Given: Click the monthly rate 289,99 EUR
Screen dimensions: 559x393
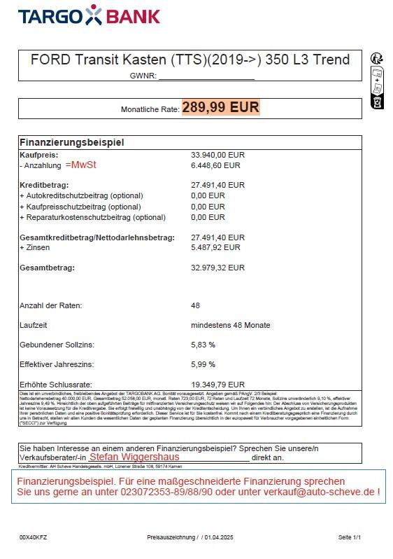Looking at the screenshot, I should pyautogui.click(x=220, y=107).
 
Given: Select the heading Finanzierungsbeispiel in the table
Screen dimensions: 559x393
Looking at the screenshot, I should pyautogui.click(x=72, y=142).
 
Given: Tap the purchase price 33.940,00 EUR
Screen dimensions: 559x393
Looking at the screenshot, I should pyautogui.click(x=217, y=155).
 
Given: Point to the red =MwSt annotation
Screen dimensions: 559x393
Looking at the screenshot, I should pyautogui.click(x=81, y=165).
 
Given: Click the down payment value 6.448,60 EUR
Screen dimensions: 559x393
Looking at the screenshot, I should pyautogui.click(x=215, y=166).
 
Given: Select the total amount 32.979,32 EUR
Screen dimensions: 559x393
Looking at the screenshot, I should pyautogui.click(x=217, y=268).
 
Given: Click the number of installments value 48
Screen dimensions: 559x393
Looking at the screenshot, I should pyautogui.click(x=196, y=305).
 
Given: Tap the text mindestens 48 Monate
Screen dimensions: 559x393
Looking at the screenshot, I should pyautogui.click(x=230, y=325).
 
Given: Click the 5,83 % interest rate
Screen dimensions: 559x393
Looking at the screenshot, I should pyautogui.click(x=203, y=345).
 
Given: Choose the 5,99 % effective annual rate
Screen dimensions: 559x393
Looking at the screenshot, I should pyautogui.click(x=203, y=364).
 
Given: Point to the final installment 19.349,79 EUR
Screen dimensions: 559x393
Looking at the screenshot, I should pyautogui.click(x=217, y=385).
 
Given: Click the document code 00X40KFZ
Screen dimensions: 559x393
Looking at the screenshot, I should pyautogui.click(x=33, y=537).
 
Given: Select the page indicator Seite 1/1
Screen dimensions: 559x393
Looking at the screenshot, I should pyautogui.click(x=349, y=537).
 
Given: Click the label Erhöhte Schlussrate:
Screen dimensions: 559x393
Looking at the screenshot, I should pyautogui.click(x=57, y=385).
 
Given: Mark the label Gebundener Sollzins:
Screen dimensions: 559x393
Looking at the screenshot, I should pyautogui.click(x=57, y=345).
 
